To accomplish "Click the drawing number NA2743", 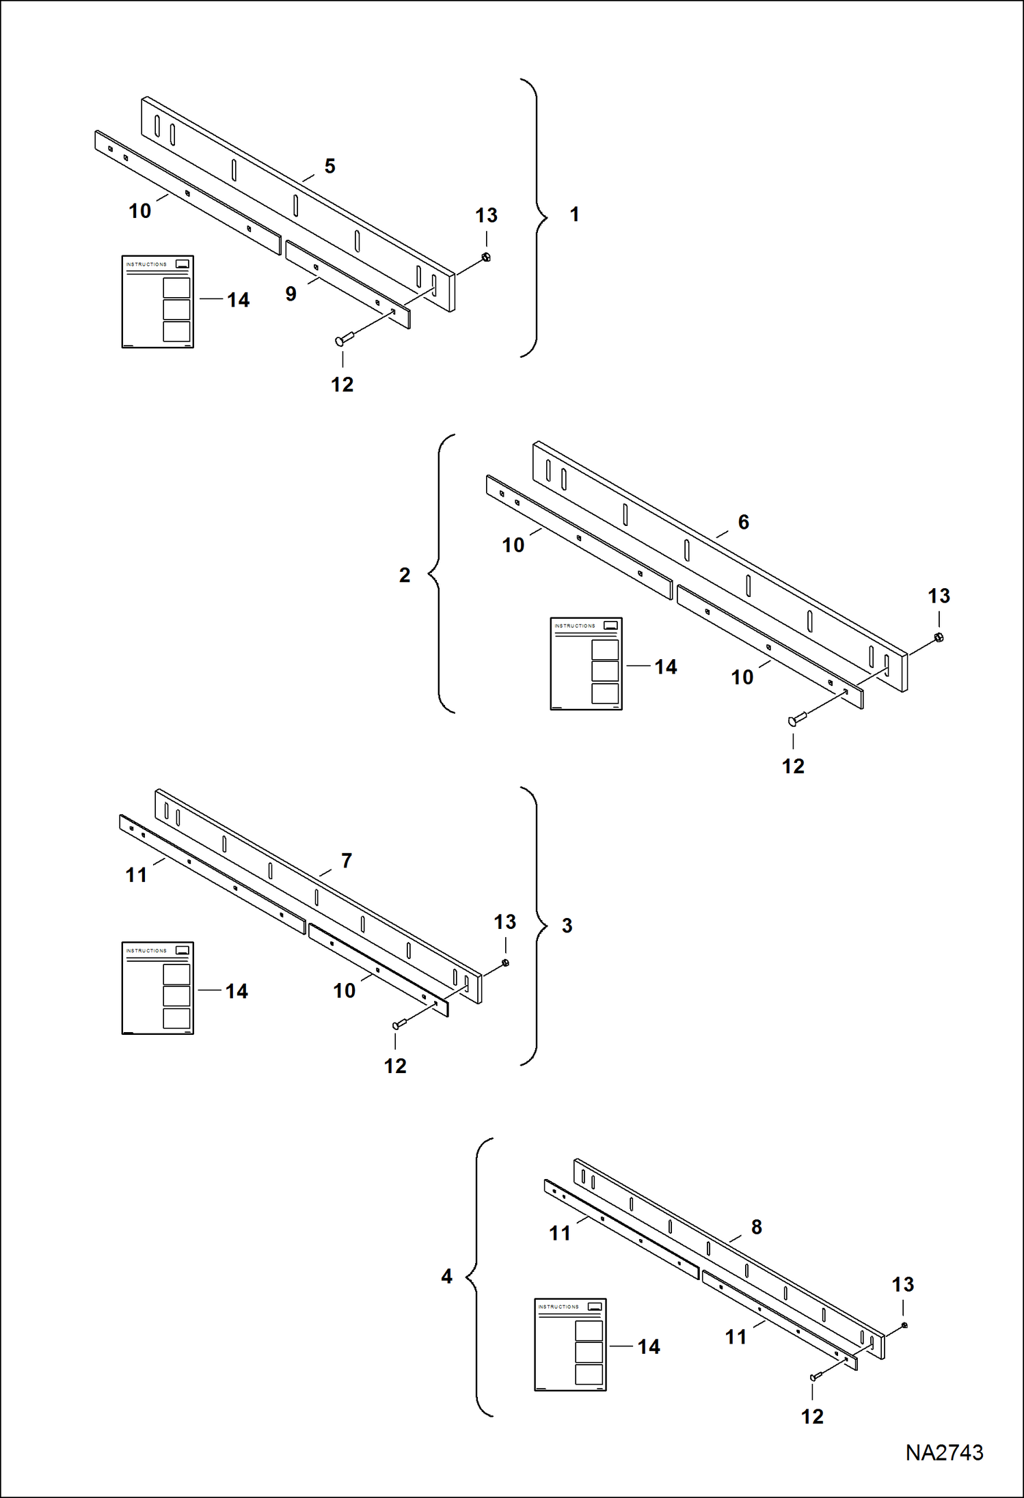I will (x=944, y=1452).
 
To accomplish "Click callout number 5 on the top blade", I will (x=329, y=166).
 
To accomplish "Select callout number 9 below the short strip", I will (x=291, y=294).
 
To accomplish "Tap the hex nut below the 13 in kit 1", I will (x=486, y=257).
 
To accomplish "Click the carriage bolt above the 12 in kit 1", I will (x=342, y=339).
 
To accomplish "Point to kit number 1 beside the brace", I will (x=574, y=214).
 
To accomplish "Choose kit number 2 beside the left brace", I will (x=405, y=575).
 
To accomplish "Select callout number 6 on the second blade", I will (x=744, y=522).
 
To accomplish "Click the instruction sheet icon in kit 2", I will (x=586, y=663).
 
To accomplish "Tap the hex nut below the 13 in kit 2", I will (x=939, y=637).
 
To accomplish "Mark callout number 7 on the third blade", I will (x=347, y=861).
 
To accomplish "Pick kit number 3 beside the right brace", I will (x=567, y=926).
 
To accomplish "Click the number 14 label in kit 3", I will (x=237, y=991).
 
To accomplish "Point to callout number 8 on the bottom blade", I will (x=757, y=1227).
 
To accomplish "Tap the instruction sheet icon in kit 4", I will (x=569, y=1344).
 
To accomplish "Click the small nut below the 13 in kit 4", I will (x=904, y=1325).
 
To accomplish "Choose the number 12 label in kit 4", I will (x=812, y=1417).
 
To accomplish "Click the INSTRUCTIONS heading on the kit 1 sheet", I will (x=146, y=264).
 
